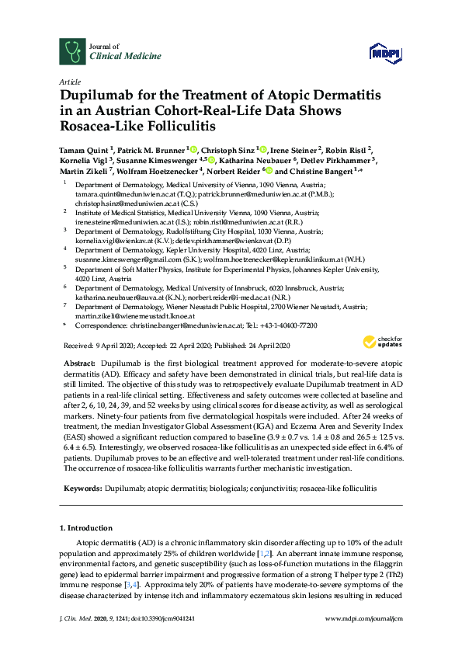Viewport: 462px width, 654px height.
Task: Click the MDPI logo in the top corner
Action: (379, 53)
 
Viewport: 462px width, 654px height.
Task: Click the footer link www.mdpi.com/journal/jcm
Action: (363, 638)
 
